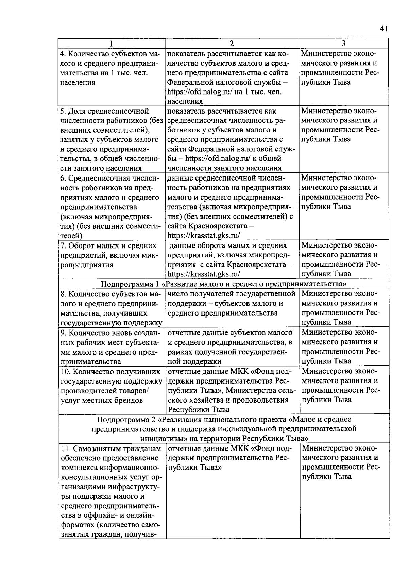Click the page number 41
click(x=384, y=29)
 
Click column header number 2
click(x=232, y=44)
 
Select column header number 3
click(x=344, y=44)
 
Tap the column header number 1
click(x=111, y=44)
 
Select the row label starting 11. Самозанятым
click(x=111, y=449)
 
